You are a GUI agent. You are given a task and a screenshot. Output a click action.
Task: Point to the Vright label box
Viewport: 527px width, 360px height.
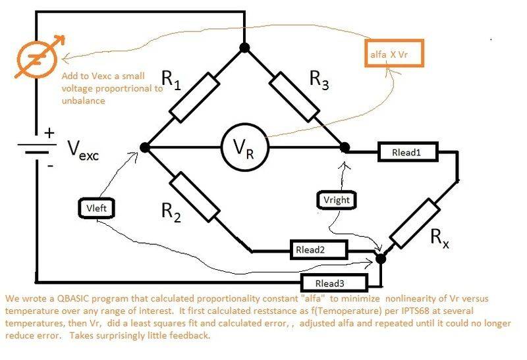(337, 198)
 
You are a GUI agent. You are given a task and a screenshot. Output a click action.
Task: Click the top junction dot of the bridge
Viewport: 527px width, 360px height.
(244, 47)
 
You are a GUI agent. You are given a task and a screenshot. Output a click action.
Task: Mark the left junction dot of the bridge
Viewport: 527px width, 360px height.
(145, 148)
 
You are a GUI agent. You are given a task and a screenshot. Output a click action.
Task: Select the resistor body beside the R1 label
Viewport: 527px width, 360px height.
(195, 97)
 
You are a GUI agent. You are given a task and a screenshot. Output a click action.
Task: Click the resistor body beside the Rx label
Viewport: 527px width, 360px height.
(414, 222)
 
